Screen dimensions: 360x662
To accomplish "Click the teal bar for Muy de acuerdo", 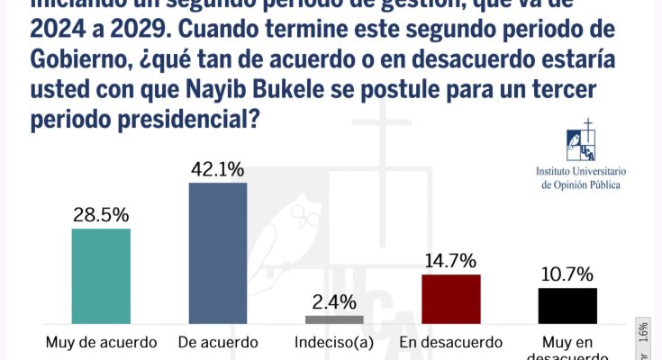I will (101, 275).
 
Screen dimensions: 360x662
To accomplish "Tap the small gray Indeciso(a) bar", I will (334, 319).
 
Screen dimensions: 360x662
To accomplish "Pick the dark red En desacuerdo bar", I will (451, 298).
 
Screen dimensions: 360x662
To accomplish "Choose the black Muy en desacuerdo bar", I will (567, 305).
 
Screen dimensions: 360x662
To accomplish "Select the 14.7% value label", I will (451, 261).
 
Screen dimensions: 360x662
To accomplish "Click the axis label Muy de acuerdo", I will (101, 342).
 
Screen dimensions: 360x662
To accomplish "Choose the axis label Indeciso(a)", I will (334, 342).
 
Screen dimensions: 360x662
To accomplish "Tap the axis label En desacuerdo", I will (451, 342).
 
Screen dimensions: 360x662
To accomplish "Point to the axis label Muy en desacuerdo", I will (567, 347).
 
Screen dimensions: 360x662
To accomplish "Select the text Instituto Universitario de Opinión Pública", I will (581, 176).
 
